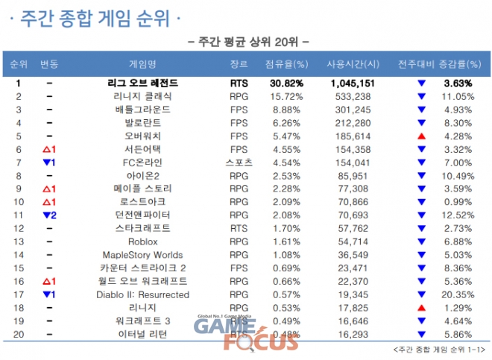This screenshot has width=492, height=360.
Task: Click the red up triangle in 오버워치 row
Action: [421, 136]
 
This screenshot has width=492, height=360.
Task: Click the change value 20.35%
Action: [458, 294]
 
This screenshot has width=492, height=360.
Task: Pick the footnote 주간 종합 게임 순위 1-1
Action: [435, 350]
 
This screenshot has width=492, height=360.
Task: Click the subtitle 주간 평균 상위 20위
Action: [245, 41]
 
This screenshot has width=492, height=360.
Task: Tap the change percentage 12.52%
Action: [458, 215]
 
